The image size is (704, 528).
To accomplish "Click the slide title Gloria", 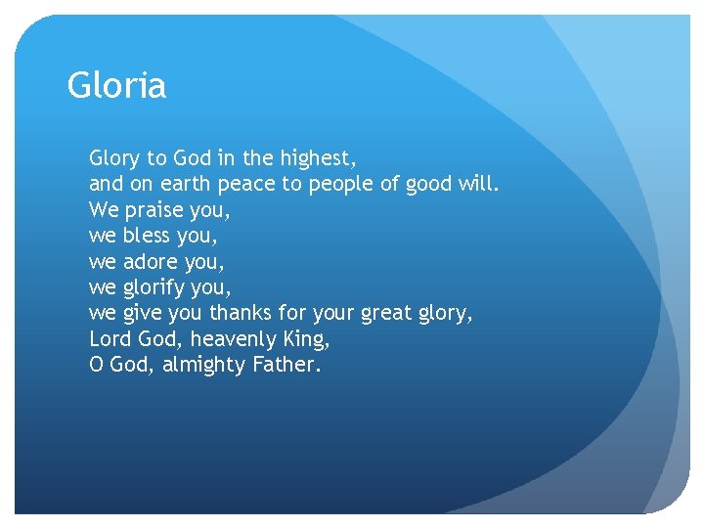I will [x=116, y=86].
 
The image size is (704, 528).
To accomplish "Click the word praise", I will [x=158, y=210].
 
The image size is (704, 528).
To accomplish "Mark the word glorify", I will [x=155, y=288].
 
